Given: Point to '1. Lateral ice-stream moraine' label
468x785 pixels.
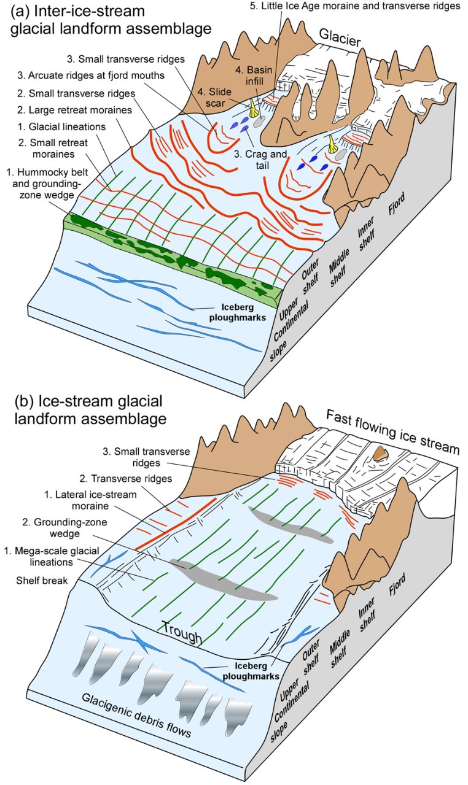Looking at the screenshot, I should click(x=55, y=501).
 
